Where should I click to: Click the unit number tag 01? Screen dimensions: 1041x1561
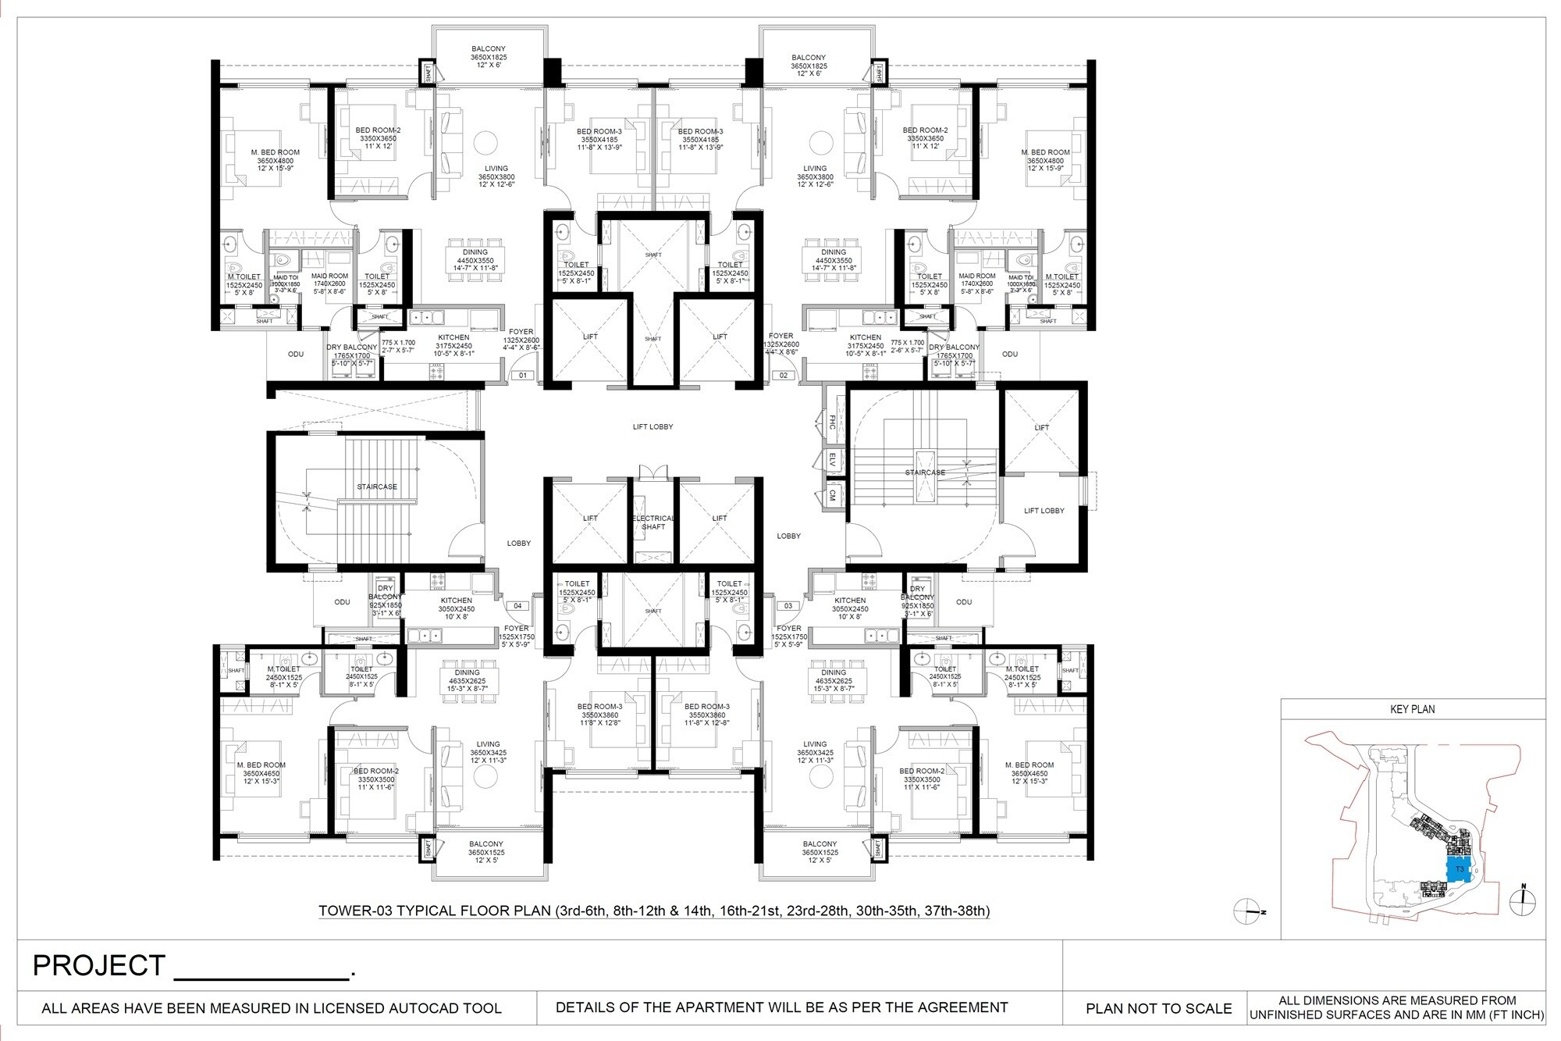pyautogui.click(x=523, y=376)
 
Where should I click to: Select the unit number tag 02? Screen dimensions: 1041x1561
pyautogui.click(x=784, y=376)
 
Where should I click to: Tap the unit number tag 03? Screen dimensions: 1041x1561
pyautogui.click(x=788, y=606)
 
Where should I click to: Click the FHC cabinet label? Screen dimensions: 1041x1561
pyautogui.click(x=832, y=422)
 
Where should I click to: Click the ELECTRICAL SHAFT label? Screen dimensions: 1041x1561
pyautogui.click(x=653, y=522)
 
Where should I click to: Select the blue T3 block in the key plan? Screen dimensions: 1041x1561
pyautogui.click(x=1459, y=869)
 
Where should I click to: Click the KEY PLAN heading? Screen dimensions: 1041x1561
pyautogui.click(x=1413, y=709)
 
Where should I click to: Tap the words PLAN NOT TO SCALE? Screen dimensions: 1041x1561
pyautogui.click(x=1158, y=1008)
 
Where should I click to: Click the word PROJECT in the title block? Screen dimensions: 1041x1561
pyautogui.click(x=99, y=966)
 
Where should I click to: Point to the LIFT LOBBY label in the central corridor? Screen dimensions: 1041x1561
pyautogui.click(x=652, y=427)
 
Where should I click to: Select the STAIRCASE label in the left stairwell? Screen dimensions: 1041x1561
pyautogui.click(x=377, y=487)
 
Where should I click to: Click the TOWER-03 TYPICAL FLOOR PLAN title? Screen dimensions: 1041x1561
pyautogui.click(x=654, y=911)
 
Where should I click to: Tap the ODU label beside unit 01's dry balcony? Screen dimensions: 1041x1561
pyautogui.click(x=296, y=355)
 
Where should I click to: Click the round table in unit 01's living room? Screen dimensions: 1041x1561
pyautogui.click(x=485, y=142)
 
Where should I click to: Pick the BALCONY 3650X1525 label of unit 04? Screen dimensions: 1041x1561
pyautogui.click(x=485, y=848)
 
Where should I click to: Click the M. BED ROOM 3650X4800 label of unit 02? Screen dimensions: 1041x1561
pyautogui.click(x=1045, y=160)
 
